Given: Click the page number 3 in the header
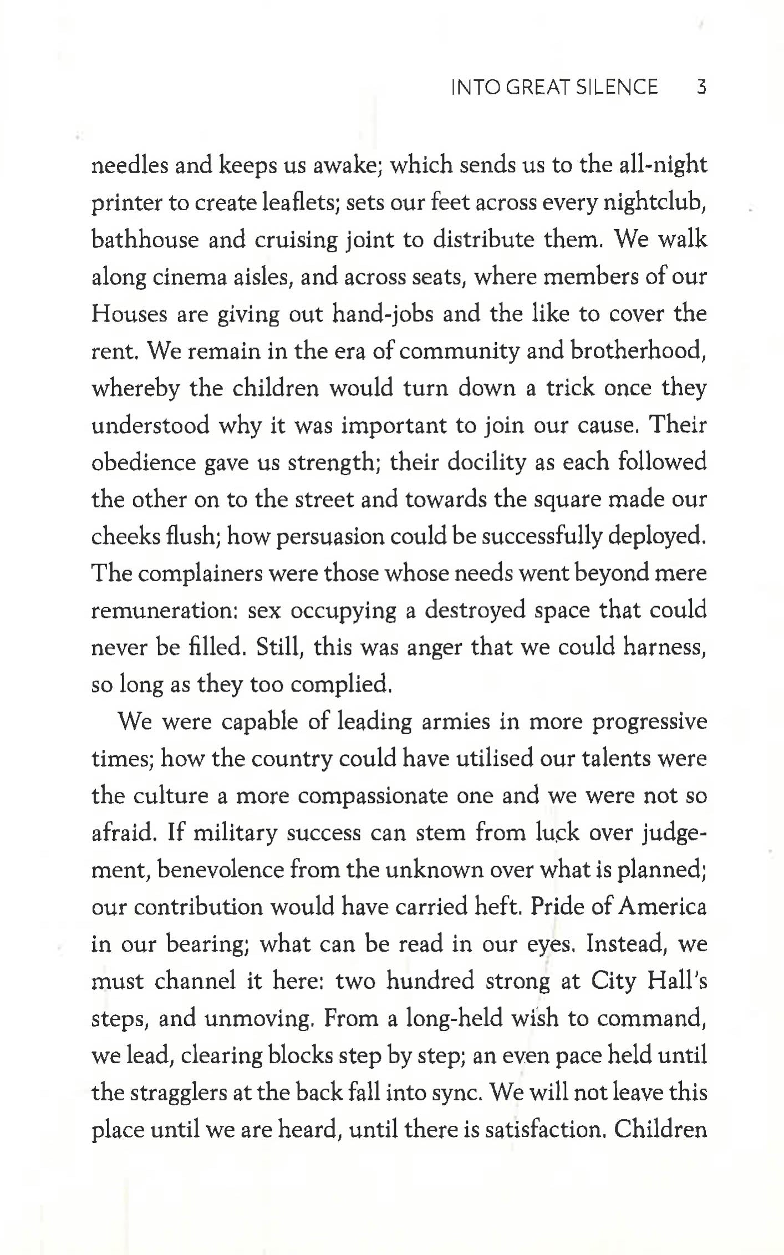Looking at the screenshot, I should pos(701,87).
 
